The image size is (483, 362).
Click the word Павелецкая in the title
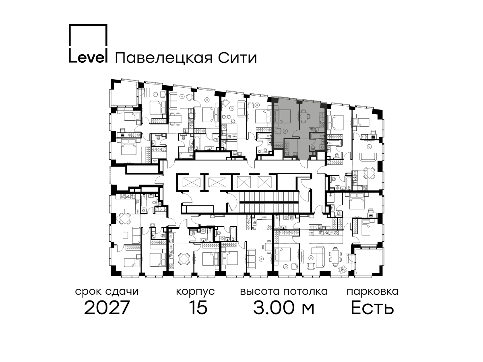pos(164,58)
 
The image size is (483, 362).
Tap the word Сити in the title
pos(237,58)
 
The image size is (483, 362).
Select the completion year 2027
pos(107,308)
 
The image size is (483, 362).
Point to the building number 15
pos(198,308)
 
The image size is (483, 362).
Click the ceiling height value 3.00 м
pos(284,308)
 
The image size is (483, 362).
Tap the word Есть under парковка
pos(372,308)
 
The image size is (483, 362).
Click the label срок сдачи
pos(107,292)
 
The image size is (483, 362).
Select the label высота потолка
pos(284,292)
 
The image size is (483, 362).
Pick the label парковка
pos(373,292)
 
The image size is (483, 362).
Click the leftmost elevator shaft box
pos(192,182)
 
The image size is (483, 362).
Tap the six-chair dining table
pos(335,257)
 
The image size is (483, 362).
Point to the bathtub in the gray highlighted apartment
pos(317,136)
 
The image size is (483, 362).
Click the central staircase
pos(268,202)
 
